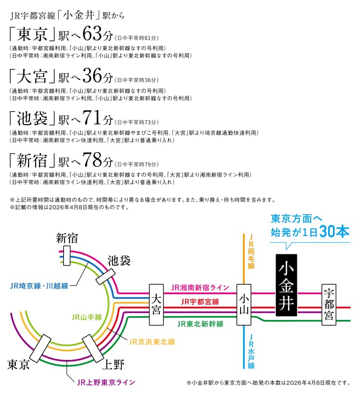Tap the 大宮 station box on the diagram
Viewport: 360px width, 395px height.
pos(157,304)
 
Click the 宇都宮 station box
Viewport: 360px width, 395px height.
pos(329,304)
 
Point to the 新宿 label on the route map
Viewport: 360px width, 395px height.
pos(67,238)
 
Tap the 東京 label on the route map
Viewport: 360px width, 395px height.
pos(18,364)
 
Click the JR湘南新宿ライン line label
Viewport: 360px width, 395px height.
pos(200,287)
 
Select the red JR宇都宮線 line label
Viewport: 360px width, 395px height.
pos(200,301)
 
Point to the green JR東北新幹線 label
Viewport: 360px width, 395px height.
pos(200,324)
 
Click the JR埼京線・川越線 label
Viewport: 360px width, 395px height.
pos(39,285)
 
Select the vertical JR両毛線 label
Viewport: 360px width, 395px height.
pos(252,252)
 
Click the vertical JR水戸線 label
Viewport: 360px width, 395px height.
pos(252,352)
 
